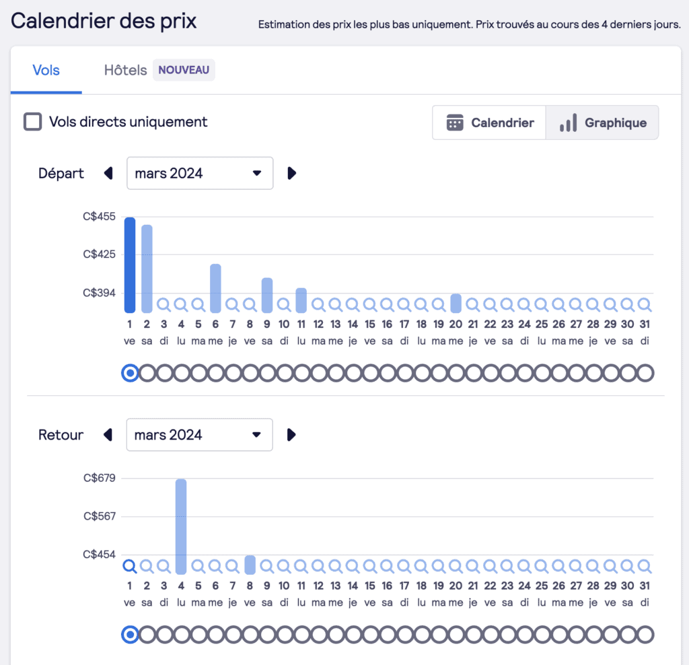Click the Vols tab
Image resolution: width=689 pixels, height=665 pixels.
click(46, 70)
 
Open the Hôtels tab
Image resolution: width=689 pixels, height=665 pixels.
click(125, 70)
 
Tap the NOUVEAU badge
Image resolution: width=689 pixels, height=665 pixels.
click(184, 70)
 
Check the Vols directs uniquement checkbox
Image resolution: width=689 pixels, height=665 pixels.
click(32, 122)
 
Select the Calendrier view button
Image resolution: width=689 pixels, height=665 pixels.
click(490, 123)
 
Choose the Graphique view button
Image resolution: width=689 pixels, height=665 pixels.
click(603, 123)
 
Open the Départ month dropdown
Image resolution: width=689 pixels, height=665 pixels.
click(200, 173)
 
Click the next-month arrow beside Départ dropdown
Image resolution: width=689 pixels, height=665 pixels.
click(291, 173)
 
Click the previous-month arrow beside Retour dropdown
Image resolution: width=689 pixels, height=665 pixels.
click(108, 435)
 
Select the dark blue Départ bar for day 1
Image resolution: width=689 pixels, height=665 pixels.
click(130, 265)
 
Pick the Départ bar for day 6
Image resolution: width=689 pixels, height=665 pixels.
click(215, 288)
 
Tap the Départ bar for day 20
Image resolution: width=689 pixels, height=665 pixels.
click(456, 304)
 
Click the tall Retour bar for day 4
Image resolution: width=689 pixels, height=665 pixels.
click(181, 526)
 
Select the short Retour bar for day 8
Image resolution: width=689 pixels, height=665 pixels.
click(250, 564)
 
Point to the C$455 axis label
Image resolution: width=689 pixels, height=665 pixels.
click(100, 217)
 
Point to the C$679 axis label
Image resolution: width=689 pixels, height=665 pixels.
click(100, 479)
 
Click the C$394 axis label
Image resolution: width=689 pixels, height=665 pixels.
click(100, 293)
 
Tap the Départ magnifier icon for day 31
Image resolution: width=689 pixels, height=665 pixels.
click(644, 304)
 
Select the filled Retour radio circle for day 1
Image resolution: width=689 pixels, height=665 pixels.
click(130, 634)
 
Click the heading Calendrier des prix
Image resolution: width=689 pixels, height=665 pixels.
click(104, 21)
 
